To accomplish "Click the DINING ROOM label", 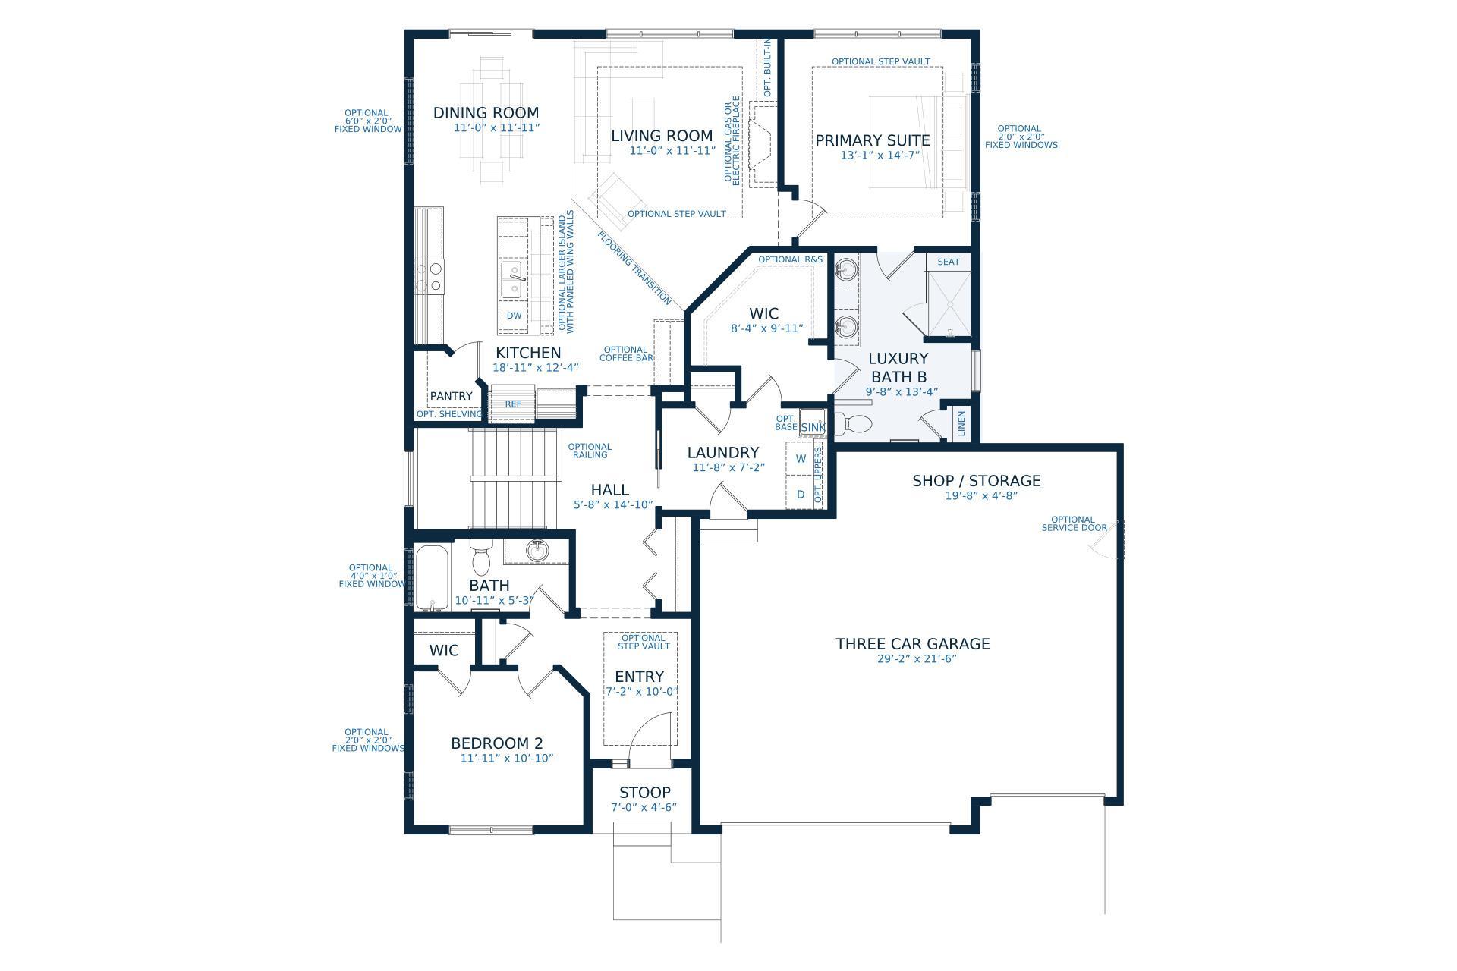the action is (x=486, y=113).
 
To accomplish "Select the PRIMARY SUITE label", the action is (x=873, y=140).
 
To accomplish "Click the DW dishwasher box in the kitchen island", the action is (x=514, y=316).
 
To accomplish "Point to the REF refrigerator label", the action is (x=514, y=404).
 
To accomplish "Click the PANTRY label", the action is (x=452, y=396).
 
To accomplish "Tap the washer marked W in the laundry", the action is (x=801, y=459).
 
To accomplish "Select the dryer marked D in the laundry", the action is (x=801, y=495).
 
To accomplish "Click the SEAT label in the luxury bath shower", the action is (x=949, y=262).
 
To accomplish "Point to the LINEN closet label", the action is (x=961, y=423).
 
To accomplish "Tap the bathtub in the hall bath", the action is (x=433, y=577).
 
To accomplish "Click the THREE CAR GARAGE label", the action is (x=913, y=644).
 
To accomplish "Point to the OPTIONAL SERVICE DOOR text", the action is (x=1074, y=524).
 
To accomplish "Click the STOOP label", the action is (x=645, y=793).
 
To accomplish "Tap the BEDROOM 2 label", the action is (x=497, y=743).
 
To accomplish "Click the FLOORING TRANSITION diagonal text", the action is (x=635, y=269).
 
